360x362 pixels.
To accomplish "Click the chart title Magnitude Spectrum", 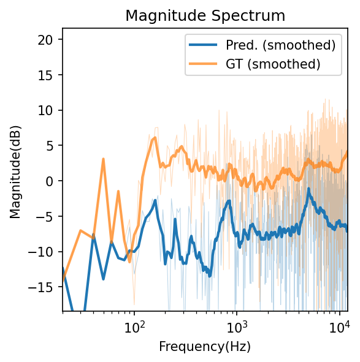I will point(205,16).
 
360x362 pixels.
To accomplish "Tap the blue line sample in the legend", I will point(204,45).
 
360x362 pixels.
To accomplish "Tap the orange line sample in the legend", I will point(204,63).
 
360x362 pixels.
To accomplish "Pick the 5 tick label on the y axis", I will point(53,146).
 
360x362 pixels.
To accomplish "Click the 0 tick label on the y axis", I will point(53,181).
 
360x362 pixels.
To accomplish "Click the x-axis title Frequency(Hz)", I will point(205,347).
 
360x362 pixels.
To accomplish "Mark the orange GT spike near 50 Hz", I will point(104,159).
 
